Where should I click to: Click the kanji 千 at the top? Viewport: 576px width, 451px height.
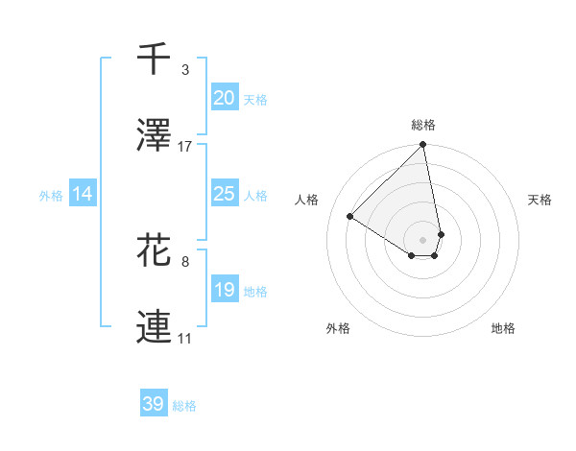(154, 59)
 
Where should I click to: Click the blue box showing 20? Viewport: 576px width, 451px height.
(224, 98)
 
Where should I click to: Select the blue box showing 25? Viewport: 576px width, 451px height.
(224, 194)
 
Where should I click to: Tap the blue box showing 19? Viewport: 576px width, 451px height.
(224, 290)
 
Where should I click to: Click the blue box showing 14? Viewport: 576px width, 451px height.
(83, 194)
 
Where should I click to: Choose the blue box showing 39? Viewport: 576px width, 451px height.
(154, 404)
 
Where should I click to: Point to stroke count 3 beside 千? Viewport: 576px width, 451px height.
(185, 70)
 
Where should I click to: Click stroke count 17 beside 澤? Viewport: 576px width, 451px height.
(185, 147)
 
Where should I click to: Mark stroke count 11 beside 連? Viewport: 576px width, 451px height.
(185, 339)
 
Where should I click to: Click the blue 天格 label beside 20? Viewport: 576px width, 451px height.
(254, 100)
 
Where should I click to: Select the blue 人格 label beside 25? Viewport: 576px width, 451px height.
(254, 196)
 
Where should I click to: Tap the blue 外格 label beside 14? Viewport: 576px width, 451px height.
(51, 196)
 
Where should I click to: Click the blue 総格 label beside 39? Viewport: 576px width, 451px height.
(184, 406)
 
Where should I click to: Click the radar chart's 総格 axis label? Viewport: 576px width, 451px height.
(423, 125)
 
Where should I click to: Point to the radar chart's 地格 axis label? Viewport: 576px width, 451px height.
(503, 328)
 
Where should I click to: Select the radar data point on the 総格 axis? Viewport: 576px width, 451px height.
(423, 146)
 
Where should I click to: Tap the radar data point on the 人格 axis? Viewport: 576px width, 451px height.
(350, 217)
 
